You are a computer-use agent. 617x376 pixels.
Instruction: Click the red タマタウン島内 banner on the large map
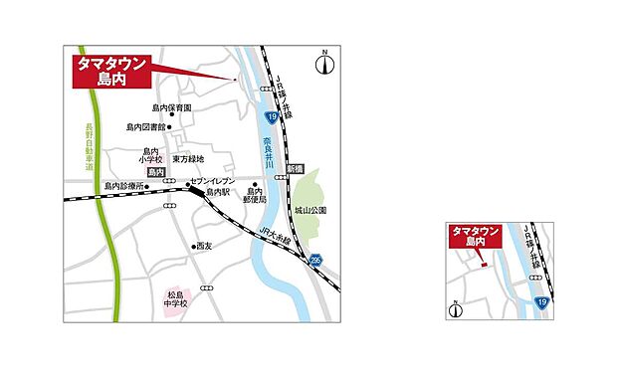[112, 72]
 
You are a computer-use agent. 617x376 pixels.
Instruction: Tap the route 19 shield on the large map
[270, 117]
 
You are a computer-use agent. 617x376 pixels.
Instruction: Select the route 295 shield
[315, 260]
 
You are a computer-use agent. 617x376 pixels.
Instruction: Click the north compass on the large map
[323, 65]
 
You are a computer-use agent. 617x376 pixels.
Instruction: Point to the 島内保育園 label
[171, 107]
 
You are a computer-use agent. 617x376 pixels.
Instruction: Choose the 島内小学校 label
[151, 155]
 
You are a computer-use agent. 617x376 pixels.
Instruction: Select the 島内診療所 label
[123, 186]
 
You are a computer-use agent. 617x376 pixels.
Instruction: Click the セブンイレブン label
[212, 182]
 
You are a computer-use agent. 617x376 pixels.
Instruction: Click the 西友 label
[203, 246]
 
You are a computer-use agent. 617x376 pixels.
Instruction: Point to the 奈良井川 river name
[269, 157]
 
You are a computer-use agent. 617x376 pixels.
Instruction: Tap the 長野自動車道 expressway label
[88, 159]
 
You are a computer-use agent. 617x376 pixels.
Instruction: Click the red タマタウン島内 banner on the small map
[475, 237]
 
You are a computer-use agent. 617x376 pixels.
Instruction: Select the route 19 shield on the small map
[540, 299]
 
